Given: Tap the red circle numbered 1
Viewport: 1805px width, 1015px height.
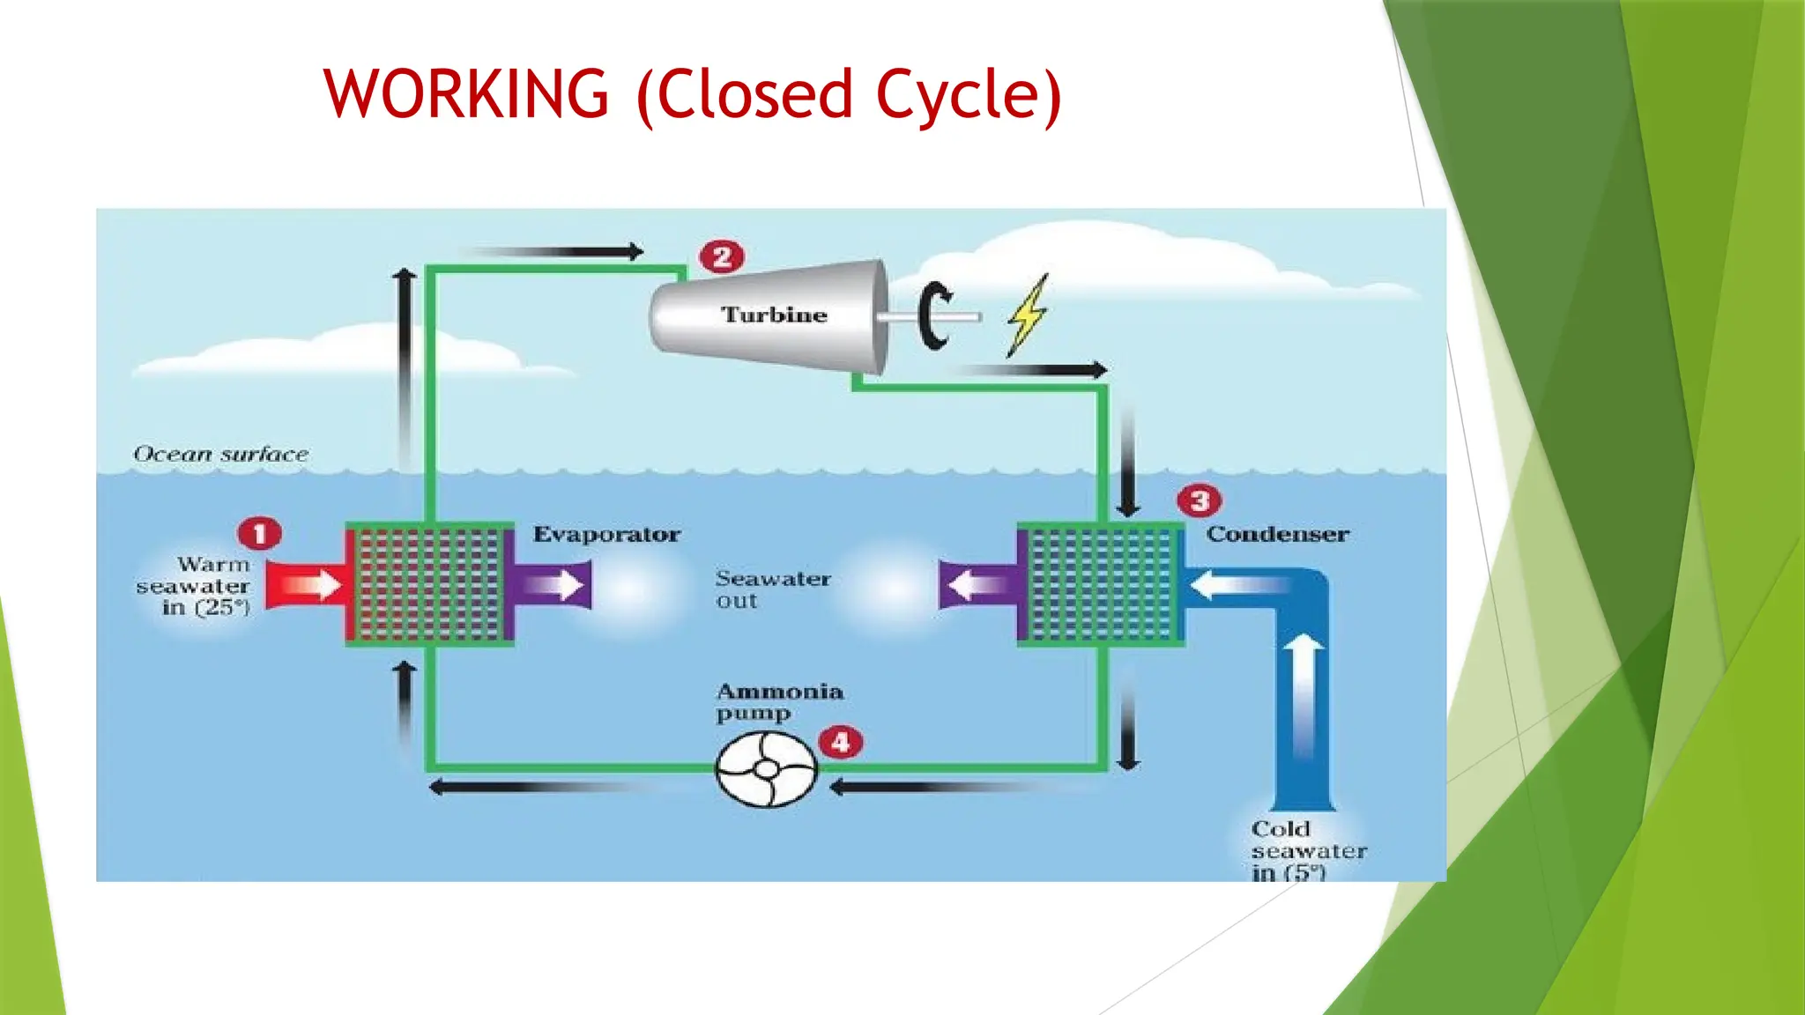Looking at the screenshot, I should [259, 533].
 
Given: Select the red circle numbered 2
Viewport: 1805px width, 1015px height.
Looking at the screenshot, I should [722, 257].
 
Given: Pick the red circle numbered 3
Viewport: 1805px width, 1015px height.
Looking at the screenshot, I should [1200, 501].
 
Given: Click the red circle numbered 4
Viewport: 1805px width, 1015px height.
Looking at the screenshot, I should [841, 742].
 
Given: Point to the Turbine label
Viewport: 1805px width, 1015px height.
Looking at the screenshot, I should [774, 315].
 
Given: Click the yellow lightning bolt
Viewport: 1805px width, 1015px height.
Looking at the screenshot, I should [1028, 315].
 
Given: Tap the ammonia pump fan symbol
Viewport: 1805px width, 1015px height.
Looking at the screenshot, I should [766, 769].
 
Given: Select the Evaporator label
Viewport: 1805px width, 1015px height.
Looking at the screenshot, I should [606, 534].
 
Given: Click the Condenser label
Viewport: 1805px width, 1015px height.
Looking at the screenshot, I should [1277, 534].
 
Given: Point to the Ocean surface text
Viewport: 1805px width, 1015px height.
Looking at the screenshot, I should [220, 454].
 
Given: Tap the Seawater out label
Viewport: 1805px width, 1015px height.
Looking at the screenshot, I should [772, 589].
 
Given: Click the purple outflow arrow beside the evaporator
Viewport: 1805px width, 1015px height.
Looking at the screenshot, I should [553, 585].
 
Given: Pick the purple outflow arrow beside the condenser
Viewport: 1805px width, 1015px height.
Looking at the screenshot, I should [978, 585].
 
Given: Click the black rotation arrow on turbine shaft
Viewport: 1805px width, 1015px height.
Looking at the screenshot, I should [934, 316].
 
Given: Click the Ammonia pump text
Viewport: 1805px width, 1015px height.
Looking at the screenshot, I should [777, 702].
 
